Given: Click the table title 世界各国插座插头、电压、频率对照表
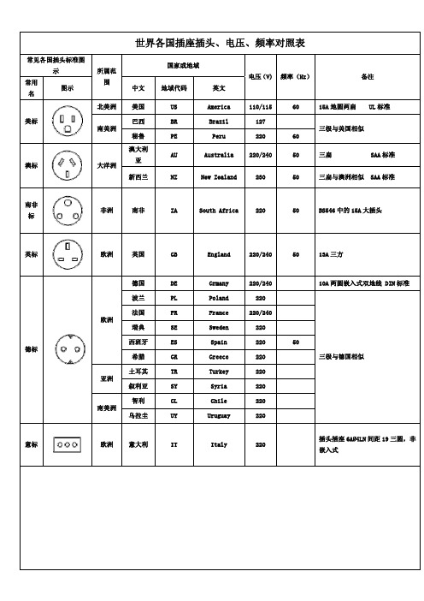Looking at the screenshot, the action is click(221, 42).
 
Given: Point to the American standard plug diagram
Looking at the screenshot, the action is click(68, 121).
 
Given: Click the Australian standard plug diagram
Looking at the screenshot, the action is click(68, 164).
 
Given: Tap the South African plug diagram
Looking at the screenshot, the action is click(68, 209).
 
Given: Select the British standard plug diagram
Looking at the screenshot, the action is click(68, 253).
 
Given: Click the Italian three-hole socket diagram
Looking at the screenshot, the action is click(68, 444).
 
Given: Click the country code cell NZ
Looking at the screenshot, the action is click(174, 177).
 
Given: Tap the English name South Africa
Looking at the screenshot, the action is click(219, 209).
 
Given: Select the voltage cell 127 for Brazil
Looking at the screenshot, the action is click(259, 122).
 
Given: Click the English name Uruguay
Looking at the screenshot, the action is click(219, 415).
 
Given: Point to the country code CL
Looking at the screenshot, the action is click(174, 400).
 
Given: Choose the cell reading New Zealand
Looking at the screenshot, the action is click(219, 177).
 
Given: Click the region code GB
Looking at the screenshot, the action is click(174, 254).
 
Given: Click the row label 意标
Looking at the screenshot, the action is click(31, 444).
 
